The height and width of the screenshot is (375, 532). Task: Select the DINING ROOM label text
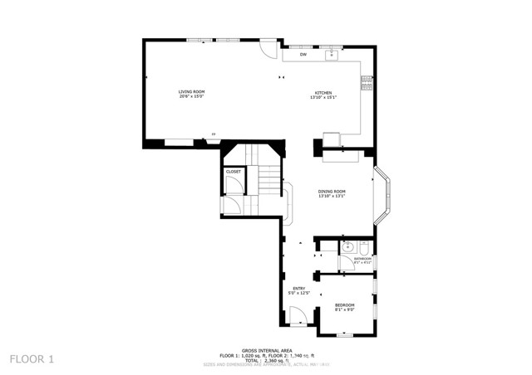coord(331,193)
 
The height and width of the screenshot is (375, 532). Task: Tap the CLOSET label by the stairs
coord(234,172)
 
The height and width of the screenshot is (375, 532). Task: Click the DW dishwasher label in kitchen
coord(303,55)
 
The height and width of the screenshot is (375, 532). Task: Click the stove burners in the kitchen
coord(366,82)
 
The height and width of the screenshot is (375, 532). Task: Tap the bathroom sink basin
coord(347,247)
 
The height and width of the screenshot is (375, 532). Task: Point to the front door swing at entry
coord(298,315)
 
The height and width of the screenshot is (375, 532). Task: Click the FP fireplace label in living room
coord(214,134)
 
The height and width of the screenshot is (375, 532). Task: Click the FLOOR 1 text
coord(32,359)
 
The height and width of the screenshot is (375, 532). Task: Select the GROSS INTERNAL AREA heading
coord(266,350)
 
